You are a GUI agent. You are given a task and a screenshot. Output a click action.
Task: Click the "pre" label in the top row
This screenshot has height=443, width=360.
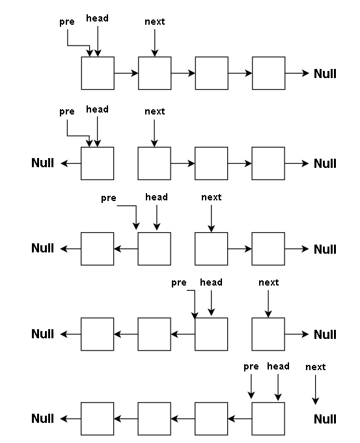pyautogui.click(x=67, y=22)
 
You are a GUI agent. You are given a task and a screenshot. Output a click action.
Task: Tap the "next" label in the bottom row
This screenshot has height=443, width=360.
pyautogui.click(x=315, y=367)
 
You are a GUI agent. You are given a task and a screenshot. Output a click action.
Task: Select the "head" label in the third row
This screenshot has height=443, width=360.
pyautogui.click(x=156, y=197)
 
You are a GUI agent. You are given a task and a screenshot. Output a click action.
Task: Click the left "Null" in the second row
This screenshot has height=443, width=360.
pyautogui.click(x=43, y=163)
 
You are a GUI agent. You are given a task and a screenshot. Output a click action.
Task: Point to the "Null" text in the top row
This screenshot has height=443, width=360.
pyautogui.click(x=325, y=74)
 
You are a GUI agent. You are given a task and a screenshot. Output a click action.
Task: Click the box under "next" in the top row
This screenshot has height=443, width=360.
pyautogui.click(x=155, y=73)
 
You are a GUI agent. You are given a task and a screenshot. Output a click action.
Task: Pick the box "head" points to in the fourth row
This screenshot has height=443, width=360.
pyautogui.click(x=212, y=334)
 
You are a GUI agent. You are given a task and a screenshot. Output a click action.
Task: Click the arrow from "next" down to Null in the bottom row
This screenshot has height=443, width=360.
pyautogui.click(x=315, y=390)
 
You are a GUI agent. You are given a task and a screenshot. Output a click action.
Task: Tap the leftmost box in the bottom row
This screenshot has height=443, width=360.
pyautogui.click(x=97, y=419)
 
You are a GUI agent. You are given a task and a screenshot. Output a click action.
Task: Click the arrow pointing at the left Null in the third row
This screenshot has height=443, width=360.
pyautogui.click(x=71, y=249)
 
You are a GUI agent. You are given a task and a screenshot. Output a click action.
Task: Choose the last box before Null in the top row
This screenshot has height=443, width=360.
pyautogui.click(x=269, y=73)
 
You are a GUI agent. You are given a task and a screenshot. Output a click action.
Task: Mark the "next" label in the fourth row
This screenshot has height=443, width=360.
pyautogui.click(x=269, y=282)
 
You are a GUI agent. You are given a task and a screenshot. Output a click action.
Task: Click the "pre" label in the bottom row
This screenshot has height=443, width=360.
pyautogui.click(x=251, y=367)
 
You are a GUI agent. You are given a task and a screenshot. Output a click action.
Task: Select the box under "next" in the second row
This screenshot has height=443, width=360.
pyautogui.click(x=154, y=163)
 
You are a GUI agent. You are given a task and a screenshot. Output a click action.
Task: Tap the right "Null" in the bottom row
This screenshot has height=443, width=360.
pyautogui.click(x=325, y=419)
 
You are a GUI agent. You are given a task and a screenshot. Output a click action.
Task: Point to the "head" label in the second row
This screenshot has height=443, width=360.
pyautogui.click(x=97, y=109)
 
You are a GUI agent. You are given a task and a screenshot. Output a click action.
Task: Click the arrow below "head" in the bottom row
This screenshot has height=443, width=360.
pyautogui.click(x=278, y=387)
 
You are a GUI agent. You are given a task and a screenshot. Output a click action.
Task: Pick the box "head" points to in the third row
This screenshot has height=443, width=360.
pyautogui.click(x=154, y=249)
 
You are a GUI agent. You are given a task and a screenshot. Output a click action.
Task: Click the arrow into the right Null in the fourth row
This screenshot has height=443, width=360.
pyautogui.click(x=297, y=334)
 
